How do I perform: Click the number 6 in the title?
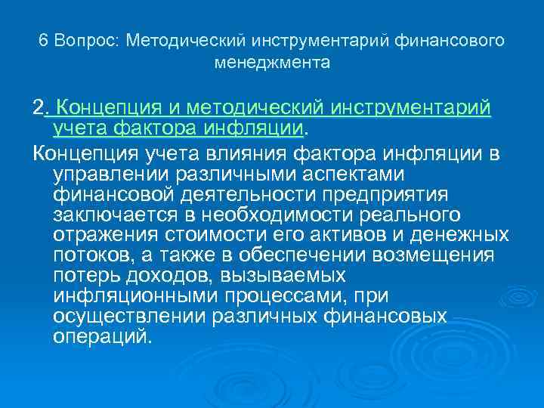43,40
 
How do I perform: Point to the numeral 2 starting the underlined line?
38,108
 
